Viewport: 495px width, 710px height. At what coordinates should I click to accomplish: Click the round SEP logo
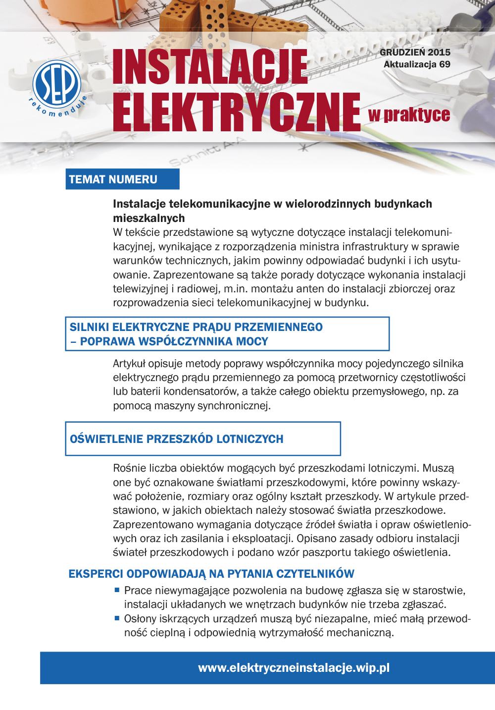pos(57,83)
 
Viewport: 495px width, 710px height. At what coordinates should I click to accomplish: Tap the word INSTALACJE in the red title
pos(210,67)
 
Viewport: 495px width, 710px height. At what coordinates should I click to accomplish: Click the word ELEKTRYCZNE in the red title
pos(237,112)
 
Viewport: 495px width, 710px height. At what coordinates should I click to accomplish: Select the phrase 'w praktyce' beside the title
pos(409,115)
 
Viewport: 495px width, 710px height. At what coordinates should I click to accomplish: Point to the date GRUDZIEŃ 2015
pos(415,52)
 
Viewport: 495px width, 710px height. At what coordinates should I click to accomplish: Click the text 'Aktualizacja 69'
pos(417,64)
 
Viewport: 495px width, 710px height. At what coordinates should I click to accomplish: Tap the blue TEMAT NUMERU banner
pos(122,179)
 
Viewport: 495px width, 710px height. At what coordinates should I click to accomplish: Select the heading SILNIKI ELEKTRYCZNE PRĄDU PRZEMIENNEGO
pos(196,327)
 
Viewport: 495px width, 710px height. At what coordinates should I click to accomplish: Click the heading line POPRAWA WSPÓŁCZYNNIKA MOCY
pos(174,341)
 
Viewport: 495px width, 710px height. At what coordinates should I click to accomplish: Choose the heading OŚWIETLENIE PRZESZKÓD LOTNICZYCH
pos(177,439)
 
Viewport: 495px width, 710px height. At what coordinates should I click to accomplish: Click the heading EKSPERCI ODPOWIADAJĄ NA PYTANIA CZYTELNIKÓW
pos(211,574)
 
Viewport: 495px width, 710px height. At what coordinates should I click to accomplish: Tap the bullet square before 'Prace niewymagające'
pos(117,590)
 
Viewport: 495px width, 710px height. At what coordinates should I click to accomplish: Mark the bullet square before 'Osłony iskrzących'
pos(117,618)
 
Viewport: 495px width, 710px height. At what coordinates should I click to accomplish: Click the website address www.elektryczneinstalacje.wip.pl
pos(294,668)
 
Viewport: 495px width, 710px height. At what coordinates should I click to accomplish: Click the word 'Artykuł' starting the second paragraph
pos(129,364)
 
